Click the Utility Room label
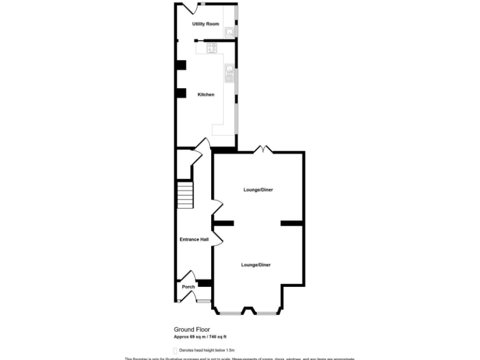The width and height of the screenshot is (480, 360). [x=206, y=24]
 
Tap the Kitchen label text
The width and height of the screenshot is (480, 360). [x=206, y=94]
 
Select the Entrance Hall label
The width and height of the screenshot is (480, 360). [x=194, y=239]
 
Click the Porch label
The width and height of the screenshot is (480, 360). [x=188, y=287]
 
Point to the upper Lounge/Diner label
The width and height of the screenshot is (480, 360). [x=258, y=189]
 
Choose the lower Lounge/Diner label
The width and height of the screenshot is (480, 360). [x=256, y=265]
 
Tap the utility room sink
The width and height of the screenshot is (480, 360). [x=230, y=31]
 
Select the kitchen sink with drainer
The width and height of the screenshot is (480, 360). [x=229, y=72]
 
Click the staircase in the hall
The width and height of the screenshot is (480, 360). [x=185, y=195]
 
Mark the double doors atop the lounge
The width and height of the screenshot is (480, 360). [x=262, y=149]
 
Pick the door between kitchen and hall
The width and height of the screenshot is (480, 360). [x=201, y=146]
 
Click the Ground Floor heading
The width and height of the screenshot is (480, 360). [x=191, y=329]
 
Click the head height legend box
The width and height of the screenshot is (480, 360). [x=175, y=351]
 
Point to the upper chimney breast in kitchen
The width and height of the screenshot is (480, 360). [x=181, y=64]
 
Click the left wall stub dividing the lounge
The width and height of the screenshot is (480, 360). [x=223, y=223]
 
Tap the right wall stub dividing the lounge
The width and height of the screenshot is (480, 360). [x=292, y=223]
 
